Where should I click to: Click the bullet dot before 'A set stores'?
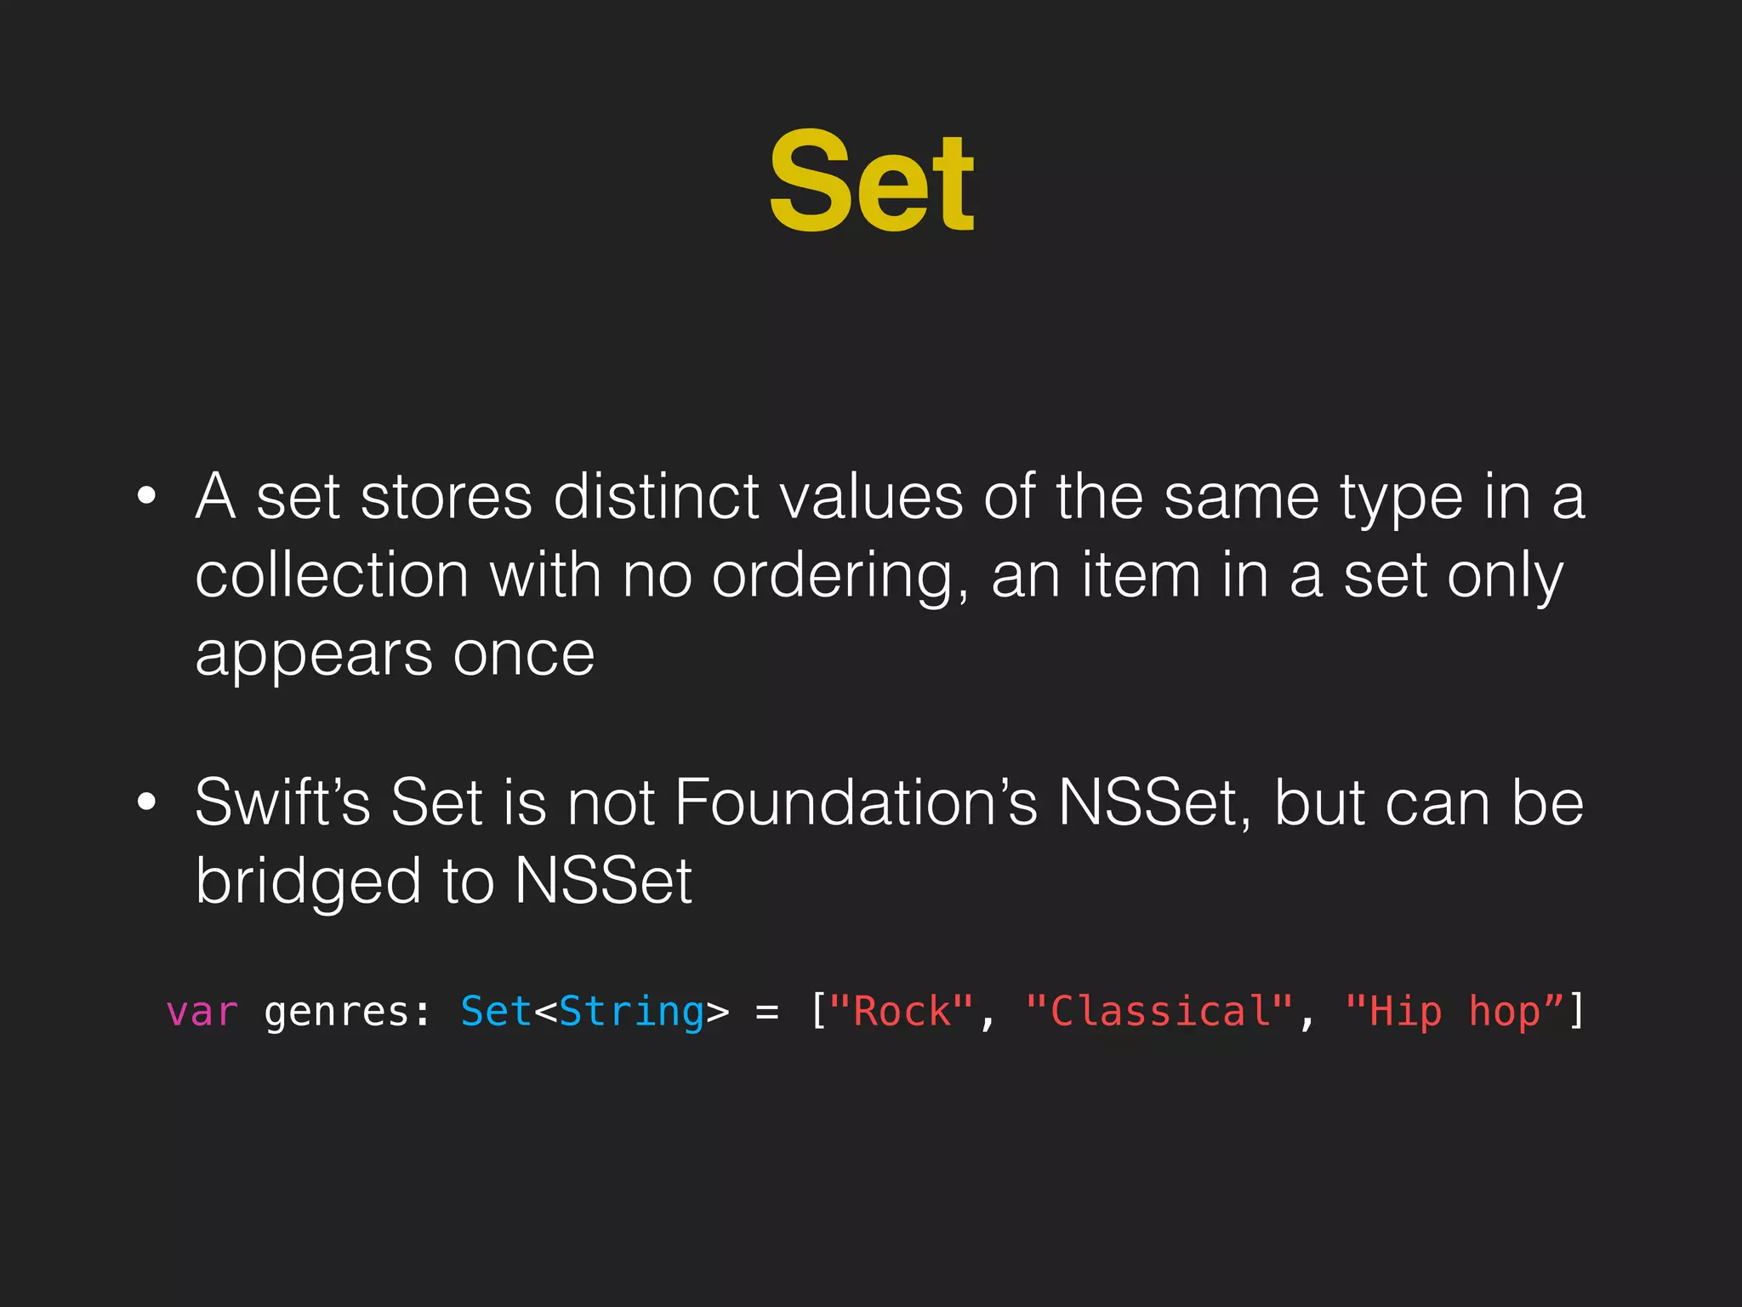coord(146,496)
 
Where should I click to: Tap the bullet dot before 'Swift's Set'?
coord(146,802)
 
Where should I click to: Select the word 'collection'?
coord(332,575)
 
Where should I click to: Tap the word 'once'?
coord(523,655)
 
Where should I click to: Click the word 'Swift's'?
coord(282,802)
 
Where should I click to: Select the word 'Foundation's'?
coord(856,802)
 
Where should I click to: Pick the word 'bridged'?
coord(308,882)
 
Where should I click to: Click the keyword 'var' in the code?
coord(202,1012)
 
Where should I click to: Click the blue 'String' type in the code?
coord(631,1012)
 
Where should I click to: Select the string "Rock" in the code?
coord(902,1012)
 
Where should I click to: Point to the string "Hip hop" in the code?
coord(1455,1012)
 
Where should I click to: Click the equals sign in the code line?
coord(767,1013)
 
